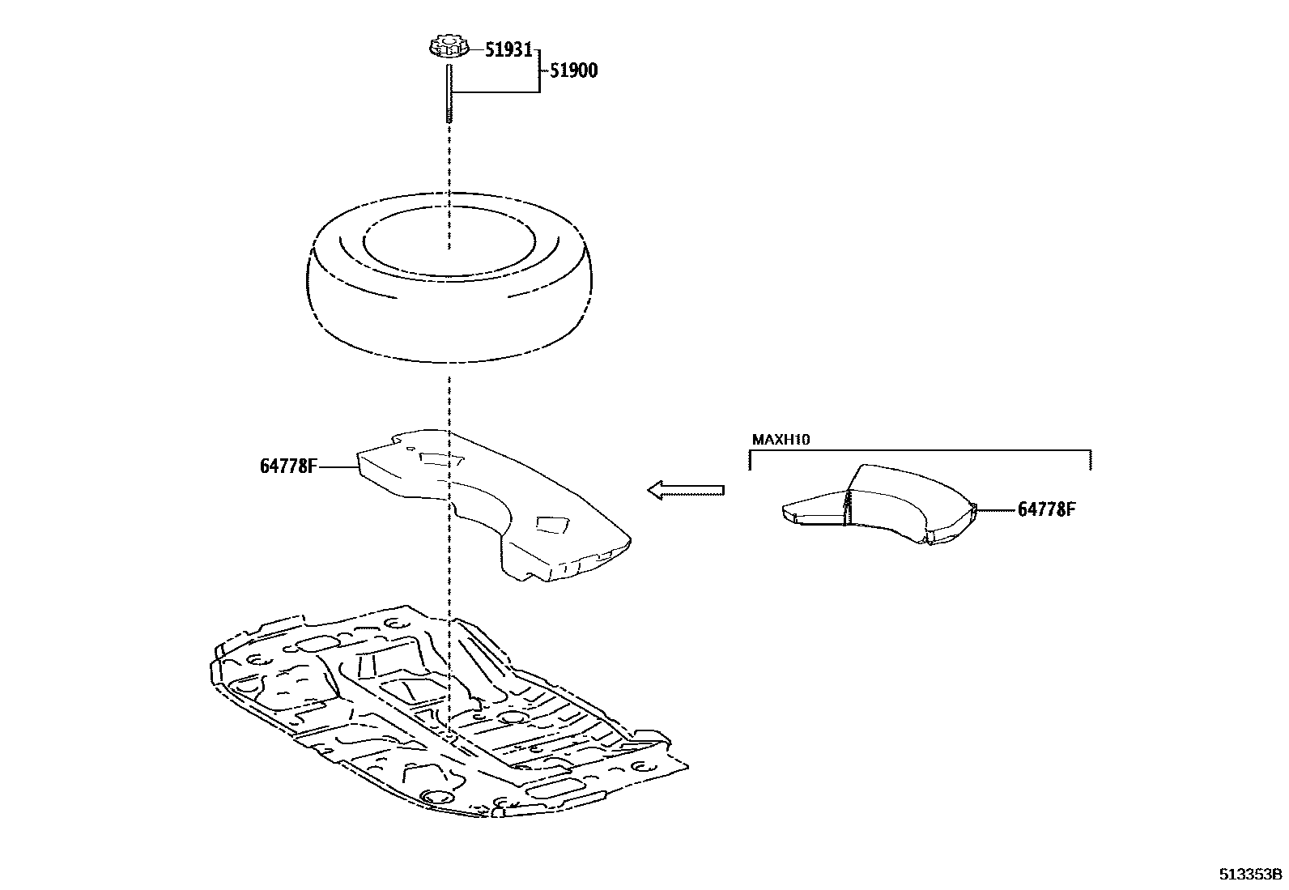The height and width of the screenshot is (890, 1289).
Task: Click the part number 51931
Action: (508, 50)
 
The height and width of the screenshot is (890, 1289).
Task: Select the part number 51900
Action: (573, 70)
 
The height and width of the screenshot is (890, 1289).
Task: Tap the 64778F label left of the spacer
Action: (288, 466)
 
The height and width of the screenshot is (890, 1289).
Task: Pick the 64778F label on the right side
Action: (1046, 509)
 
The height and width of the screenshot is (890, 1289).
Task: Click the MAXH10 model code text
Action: (781, 440)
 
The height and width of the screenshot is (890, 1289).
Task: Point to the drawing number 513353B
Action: (1252, 875)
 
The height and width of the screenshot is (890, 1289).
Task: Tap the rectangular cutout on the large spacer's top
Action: (442, 459)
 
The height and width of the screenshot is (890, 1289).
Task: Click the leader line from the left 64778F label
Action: (338, 467)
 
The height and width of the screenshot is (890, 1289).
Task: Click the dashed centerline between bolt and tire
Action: (449, 162)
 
